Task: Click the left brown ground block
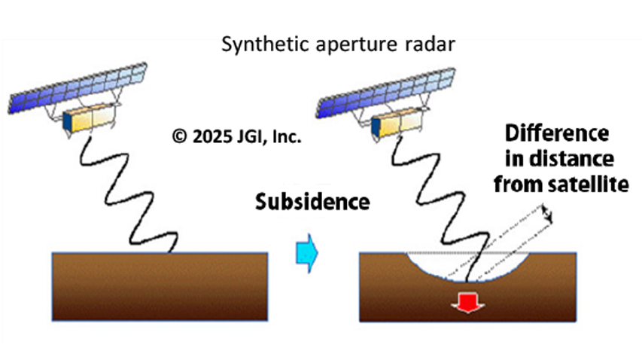[160, 286]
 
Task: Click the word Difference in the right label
[557, 136]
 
